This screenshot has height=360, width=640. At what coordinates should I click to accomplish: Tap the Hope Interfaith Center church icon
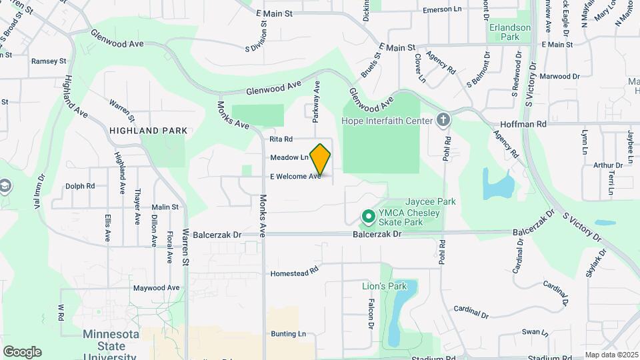click(443, 120)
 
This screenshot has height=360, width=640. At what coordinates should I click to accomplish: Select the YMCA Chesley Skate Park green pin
click(367, 217)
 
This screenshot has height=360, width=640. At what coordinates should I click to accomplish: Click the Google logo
click(21, 352)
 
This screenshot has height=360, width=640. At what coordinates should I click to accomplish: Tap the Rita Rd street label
click(281, 139)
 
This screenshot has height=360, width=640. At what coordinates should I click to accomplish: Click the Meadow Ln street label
click(289, 158)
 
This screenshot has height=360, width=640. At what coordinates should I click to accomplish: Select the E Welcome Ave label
click(295, 177)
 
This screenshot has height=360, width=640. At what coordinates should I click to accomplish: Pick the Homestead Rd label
click(295, 273)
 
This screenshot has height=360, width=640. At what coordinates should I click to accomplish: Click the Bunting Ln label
click(288, 333)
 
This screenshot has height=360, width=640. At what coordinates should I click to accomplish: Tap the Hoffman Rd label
click(523, 125)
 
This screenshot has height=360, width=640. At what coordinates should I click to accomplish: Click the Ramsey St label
click(49, 61)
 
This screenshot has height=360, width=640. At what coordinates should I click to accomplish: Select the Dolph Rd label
click(80, 186)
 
